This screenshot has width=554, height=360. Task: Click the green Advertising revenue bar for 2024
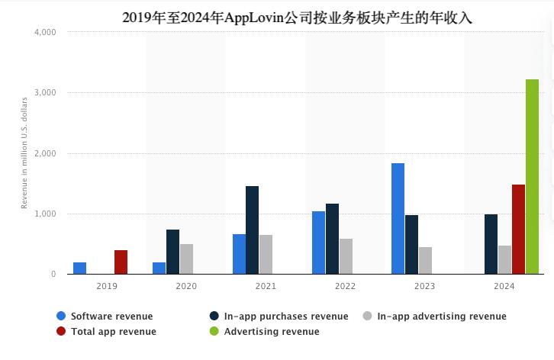[x=532, y=176]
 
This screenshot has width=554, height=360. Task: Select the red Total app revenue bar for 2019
[x=121, y=262]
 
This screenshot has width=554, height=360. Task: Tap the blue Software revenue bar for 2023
[x=398, y=218]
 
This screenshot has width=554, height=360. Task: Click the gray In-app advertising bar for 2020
[x=186, y=259]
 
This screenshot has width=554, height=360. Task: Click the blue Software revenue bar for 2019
[x=79, y=268]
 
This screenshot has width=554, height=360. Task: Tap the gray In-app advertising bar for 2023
[x=425, y=260]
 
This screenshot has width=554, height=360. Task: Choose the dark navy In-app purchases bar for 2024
[x=491, y=244]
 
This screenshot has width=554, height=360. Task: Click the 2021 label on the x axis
[x=265, y=286]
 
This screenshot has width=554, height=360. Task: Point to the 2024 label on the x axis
[x=504, y=286]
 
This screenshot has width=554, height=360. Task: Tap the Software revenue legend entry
[x=111, y=316]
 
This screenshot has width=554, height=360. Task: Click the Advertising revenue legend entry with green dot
[x=272, y=332]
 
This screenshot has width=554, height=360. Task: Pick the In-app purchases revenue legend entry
[x=286, y=316]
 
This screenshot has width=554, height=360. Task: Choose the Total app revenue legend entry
[x=113, y=332]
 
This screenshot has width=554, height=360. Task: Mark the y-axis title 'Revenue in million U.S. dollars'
[x=24, y=153]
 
